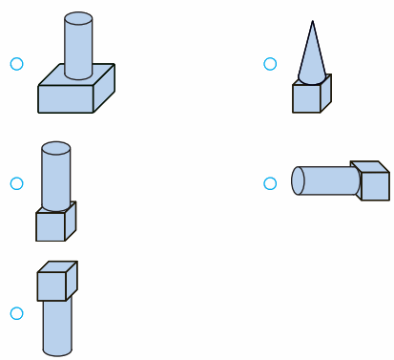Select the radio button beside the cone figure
coord(270,64)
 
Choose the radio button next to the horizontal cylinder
coord(270,182)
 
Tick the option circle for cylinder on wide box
coord(16,64)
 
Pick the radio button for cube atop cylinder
coord(16,313)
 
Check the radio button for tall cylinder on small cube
coord(16,182)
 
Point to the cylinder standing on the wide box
coord(77,46)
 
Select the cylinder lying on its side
coord(324,180)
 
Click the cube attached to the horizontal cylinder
coord(371,182)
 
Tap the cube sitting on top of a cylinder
coord(55,284)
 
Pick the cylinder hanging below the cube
coord(56,326)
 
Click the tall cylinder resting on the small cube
coord(56,177)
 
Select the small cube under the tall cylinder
coord(52,225)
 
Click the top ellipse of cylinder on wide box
coord(77,18)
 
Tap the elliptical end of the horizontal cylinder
coord(298,180)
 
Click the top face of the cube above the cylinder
coord(59,266)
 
